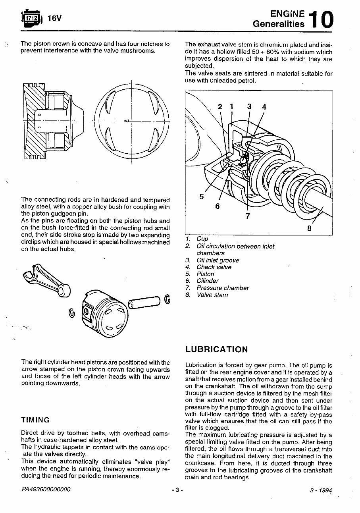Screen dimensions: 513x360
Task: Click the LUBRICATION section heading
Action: click(216, 349)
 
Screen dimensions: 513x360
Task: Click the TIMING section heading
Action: click(35, 420)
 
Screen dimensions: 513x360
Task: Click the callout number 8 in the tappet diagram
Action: click(309, 228)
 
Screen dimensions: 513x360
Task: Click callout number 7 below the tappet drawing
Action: click(248, 216)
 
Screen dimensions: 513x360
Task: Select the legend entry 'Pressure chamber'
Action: click(223, 288)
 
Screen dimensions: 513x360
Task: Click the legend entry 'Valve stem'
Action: click(212, 295)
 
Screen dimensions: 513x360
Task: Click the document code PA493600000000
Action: click(46, 490)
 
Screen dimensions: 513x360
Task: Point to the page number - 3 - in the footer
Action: click(177, 490)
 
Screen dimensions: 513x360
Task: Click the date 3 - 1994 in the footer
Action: click(321, 490)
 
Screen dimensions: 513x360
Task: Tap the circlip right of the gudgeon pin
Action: click(167, 299)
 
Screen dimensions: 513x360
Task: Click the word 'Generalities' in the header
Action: click(279, 24)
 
